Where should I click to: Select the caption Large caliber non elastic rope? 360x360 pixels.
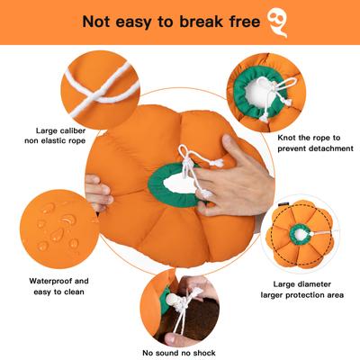62,135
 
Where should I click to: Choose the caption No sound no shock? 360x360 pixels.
180,352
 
